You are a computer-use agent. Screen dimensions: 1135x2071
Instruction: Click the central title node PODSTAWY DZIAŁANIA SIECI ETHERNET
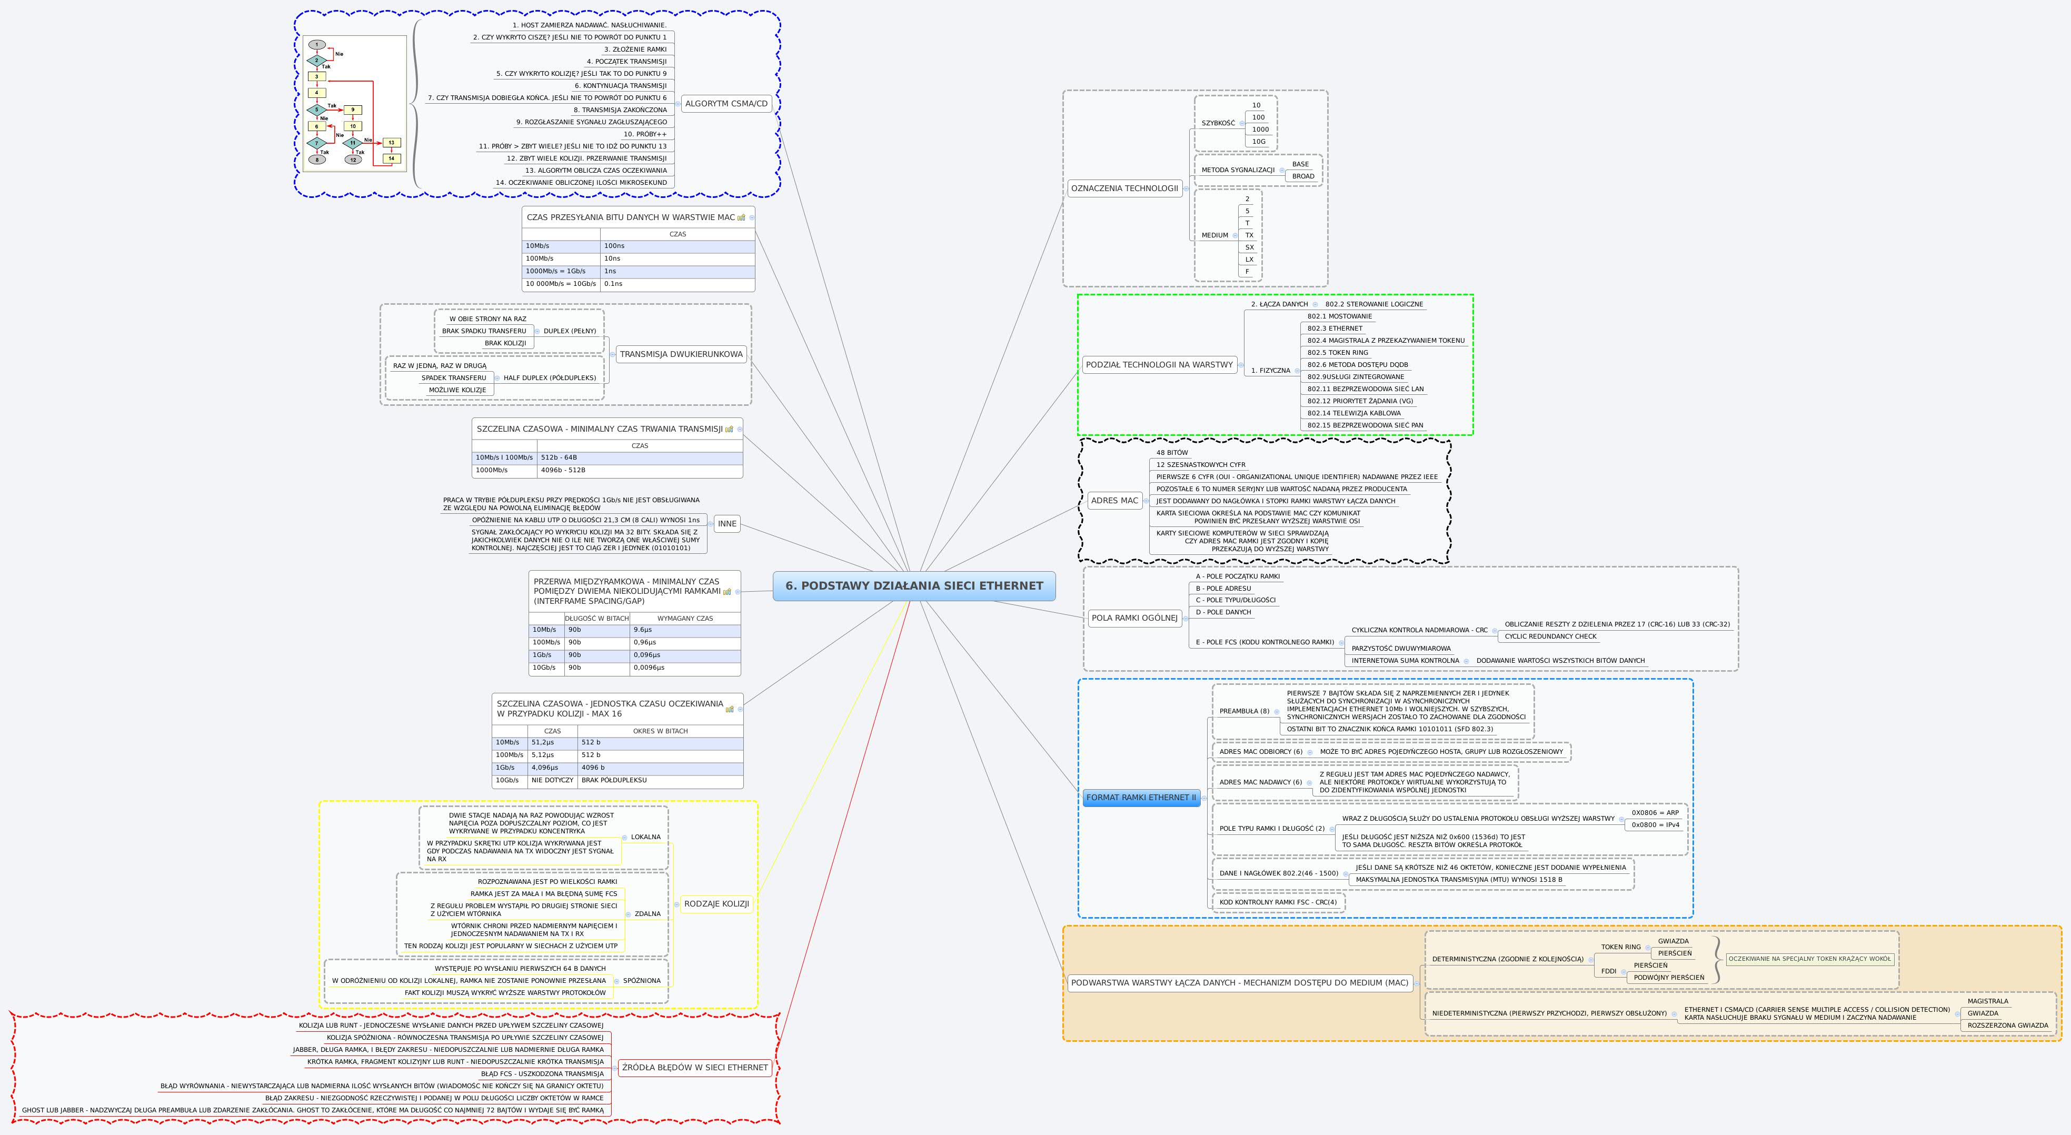[x=914, y=586]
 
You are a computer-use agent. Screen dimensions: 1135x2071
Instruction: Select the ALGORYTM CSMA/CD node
[x=726, y=104]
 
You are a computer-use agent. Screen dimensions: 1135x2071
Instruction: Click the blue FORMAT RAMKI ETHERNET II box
[x=1141, y=798]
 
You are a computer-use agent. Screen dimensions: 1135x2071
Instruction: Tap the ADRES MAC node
[x=1114, y=501]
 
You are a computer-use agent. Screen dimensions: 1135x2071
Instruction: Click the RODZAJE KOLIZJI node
[x=716, y=903]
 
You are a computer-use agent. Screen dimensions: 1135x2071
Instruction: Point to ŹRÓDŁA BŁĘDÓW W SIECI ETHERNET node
[x=694, y=1068]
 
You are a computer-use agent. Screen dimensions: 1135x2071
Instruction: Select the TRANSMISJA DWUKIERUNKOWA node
[x=681, y=354]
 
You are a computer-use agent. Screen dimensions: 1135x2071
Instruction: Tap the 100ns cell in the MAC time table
[x=614, y=246]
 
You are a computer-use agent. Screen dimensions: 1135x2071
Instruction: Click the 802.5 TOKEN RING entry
[x=1337, y=353]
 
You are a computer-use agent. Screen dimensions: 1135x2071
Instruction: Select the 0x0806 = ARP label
[x=1655, y=813]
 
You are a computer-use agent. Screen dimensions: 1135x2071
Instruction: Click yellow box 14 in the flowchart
[x=391, y=158]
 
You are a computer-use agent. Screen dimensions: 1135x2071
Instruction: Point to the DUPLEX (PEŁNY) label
[x=569, y=331]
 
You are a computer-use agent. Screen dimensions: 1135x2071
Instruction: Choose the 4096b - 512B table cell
[x=563, y=470]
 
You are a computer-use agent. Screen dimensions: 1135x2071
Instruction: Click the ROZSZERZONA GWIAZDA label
[x=2007, y=1026]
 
